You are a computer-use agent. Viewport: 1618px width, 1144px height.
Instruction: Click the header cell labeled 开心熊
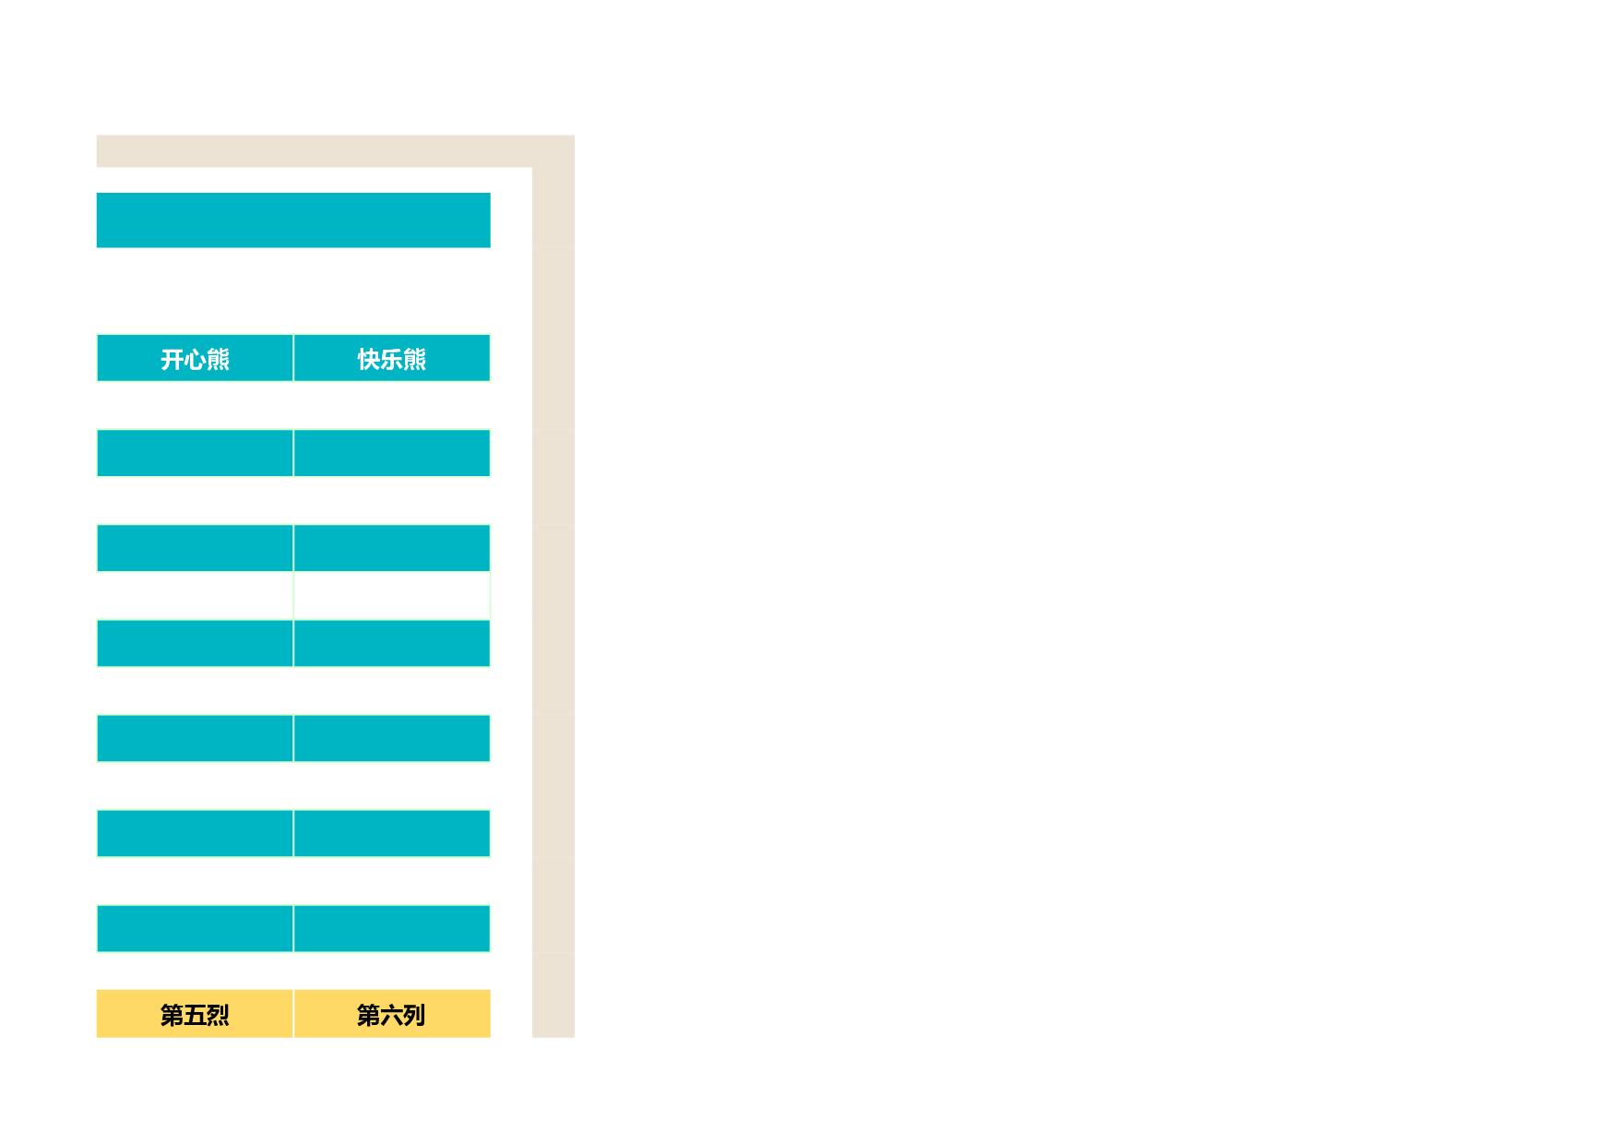[195, 358]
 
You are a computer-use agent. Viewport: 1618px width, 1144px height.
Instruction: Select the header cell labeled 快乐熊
[392, 358]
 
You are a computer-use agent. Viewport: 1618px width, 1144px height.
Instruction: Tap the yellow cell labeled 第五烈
[195, 1014]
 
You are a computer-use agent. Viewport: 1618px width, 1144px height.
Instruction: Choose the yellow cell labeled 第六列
[392, 1014]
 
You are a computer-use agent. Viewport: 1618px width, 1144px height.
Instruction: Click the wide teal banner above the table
[293, 220]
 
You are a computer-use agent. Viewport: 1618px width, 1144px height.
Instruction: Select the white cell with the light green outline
[392, 595]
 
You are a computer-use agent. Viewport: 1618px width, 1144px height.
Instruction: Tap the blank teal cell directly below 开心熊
[195, 453]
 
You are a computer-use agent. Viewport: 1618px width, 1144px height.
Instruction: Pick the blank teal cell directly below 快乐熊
[392, 453]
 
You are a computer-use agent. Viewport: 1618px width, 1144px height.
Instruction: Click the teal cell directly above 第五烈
[195, 928]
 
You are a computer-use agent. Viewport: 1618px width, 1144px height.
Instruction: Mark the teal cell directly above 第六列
[392, 928]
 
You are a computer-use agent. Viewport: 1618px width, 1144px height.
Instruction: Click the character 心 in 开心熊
[195, 359]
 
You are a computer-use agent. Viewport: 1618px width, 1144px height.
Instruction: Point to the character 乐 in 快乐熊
[392, 359]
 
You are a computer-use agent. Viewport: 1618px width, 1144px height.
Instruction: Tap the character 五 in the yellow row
[195, 1015]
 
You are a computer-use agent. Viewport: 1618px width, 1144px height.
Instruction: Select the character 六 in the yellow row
[391, 1015]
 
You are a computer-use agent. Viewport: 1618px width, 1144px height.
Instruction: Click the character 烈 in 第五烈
[218, 1015]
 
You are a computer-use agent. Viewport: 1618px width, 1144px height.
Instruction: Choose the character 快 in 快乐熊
[369, 359]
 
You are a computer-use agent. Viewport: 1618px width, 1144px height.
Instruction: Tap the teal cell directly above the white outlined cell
[392, 548]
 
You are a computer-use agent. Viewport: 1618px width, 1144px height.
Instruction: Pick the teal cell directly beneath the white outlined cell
[392, 643]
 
